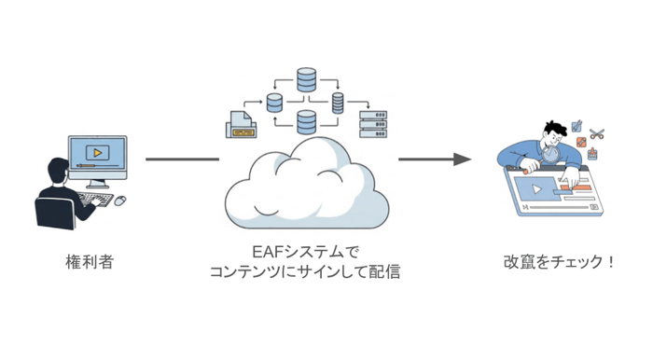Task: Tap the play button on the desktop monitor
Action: point(94,151)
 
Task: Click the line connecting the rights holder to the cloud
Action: point(182,159)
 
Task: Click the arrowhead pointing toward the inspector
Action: point(460,159)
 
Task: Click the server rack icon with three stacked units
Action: point(371,122)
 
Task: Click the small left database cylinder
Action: point(275,101)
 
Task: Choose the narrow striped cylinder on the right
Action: point(337,101)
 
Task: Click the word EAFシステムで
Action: point(305,252)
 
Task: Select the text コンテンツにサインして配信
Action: point(305,271)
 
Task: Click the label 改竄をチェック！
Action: point(559,262)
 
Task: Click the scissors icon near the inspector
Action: point(597,133)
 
